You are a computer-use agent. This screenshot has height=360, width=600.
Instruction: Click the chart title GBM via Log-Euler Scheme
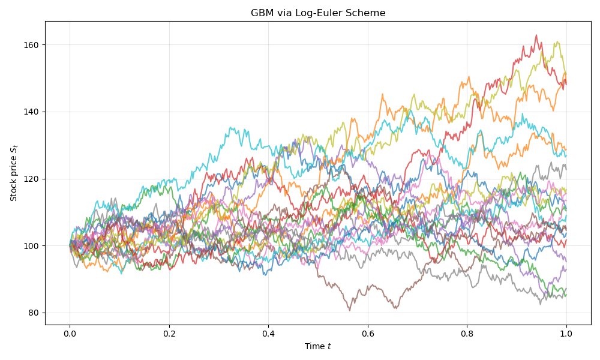[x=318, y=13]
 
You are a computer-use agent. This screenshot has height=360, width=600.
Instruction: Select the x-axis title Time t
[x=318, y=346]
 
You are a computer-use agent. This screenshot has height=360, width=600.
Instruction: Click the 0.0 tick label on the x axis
[x=70, y=333]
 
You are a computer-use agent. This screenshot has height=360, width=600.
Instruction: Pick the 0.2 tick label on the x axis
[x=169, y=333]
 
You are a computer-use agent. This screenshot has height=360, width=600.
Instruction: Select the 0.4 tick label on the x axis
[x=268, y=333]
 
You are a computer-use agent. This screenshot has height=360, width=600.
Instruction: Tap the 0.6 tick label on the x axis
[x=368, y=333]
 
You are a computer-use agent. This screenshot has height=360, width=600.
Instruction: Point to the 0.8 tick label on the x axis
[x=467, y=333]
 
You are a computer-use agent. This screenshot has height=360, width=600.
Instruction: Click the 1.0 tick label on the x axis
[x=566, y=333]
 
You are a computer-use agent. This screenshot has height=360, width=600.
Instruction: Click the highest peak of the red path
[x=536, y=35]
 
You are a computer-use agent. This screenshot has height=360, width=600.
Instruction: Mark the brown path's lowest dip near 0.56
[x=350, y=310]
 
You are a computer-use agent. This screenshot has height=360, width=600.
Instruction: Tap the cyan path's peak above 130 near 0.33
[x=231, y=127]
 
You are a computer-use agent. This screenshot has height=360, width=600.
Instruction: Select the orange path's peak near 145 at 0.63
[x=382, y=94]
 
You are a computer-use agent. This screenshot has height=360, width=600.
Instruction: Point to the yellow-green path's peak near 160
[x=557, y=42]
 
